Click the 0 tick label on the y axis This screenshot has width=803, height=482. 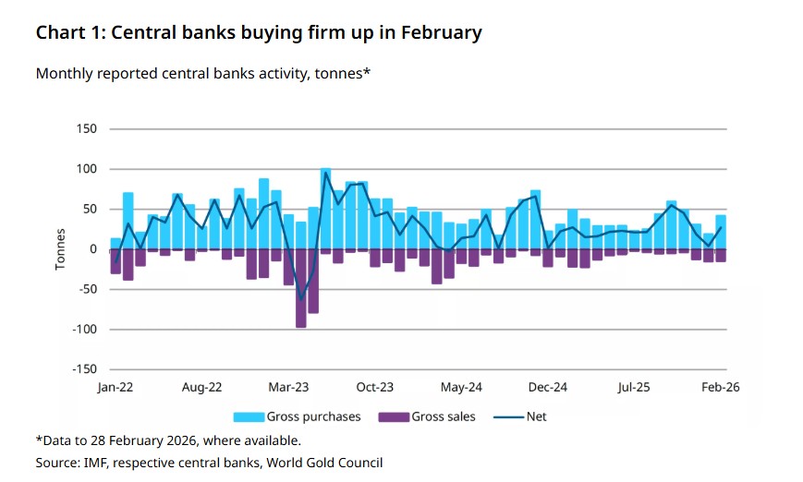(x=92, y=249)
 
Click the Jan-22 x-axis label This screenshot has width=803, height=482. (x=116, y=388)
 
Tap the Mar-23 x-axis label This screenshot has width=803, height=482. (x=289, y=388)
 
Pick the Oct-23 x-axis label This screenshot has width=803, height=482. (x=375, y=388)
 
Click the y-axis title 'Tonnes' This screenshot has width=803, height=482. (x=61, y=249)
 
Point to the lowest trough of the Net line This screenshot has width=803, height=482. (x=301, y=299)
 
